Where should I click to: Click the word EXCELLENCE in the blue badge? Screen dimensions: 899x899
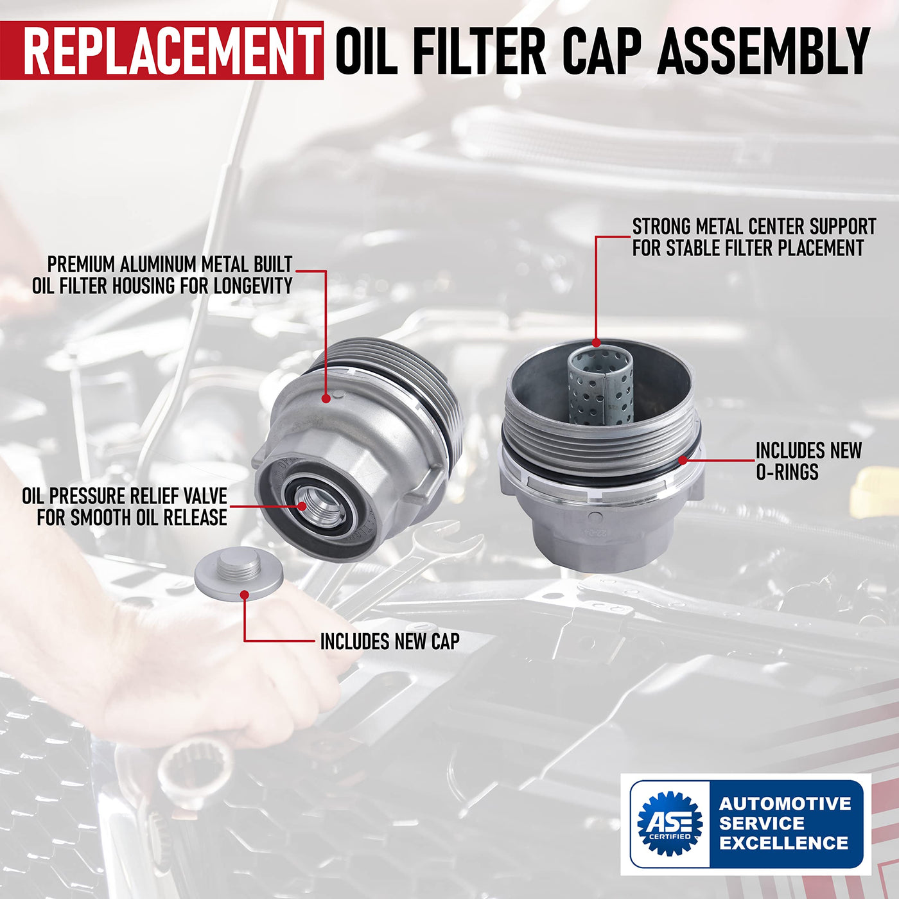click(x=784, y=842)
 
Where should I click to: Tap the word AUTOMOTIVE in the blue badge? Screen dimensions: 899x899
click(x=785, y=803)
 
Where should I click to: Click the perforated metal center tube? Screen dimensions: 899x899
click(x=600, y=387)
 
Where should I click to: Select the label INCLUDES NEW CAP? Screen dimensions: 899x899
click(x=390, y=641)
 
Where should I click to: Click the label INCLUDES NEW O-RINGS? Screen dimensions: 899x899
click(x=808, y=461)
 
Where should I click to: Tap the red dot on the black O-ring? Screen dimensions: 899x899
click(x=682, y=460)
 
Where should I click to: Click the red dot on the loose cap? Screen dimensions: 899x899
click(x=244, y=595)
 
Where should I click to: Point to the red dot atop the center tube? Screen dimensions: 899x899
click(x=596, y=343)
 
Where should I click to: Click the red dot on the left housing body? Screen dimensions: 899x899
click(x=326, y=398)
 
